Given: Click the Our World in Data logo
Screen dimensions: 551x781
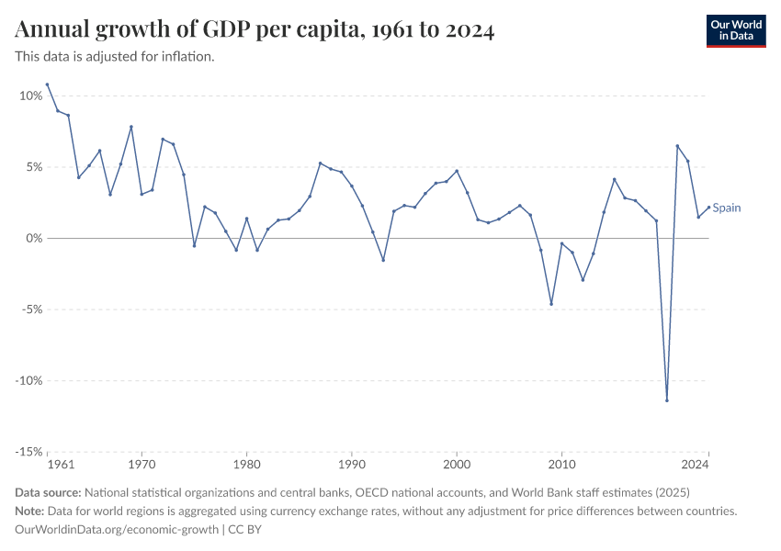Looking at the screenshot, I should tap(736, 30).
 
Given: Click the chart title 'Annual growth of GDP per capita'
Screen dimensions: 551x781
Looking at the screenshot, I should tap(255, 30).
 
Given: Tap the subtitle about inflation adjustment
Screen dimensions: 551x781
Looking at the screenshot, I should tap(115, 57).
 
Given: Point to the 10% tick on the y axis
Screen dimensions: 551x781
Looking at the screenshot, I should tap(30, 96).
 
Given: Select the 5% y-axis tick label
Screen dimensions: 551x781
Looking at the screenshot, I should tap(33, 167).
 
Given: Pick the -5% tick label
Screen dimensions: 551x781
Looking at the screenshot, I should tap(31, 309).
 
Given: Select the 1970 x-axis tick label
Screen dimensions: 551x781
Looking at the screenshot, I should tap(141, 465).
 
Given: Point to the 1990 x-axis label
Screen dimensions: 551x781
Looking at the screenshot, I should tap(352, 465).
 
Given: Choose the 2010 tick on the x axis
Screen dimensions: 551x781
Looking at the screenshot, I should tap(562, 465).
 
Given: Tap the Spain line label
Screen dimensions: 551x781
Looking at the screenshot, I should tap(727, 208).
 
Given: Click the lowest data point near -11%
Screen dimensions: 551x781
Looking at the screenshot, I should tap(667, 400).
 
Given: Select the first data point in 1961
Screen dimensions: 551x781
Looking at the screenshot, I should tap(47, 84).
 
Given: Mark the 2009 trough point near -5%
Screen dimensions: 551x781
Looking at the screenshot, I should tap(551, 304).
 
